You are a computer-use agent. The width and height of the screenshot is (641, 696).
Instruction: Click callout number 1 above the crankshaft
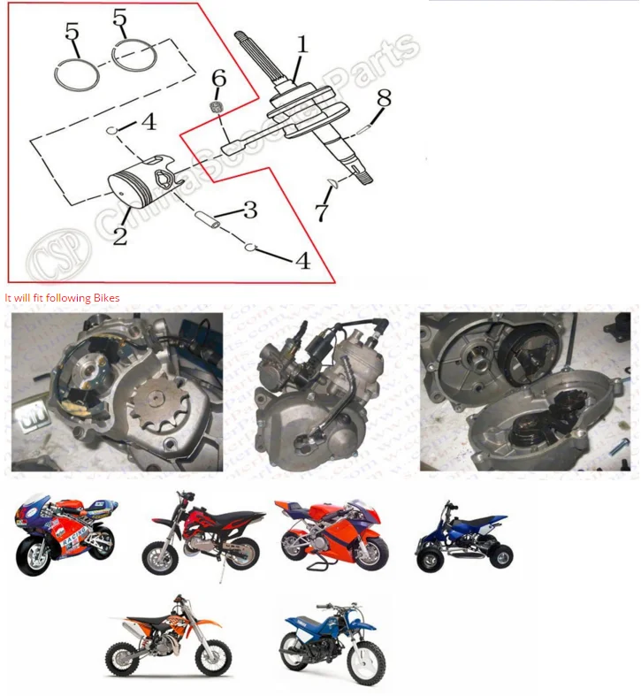301,43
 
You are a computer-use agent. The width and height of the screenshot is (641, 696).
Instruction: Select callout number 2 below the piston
119,234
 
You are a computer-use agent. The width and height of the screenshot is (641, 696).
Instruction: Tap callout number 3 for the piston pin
250,210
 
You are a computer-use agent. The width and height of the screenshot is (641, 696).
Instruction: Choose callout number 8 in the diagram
382,98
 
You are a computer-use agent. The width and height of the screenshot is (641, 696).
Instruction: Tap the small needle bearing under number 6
217,106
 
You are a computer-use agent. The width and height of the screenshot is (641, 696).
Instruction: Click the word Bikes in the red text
106,298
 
